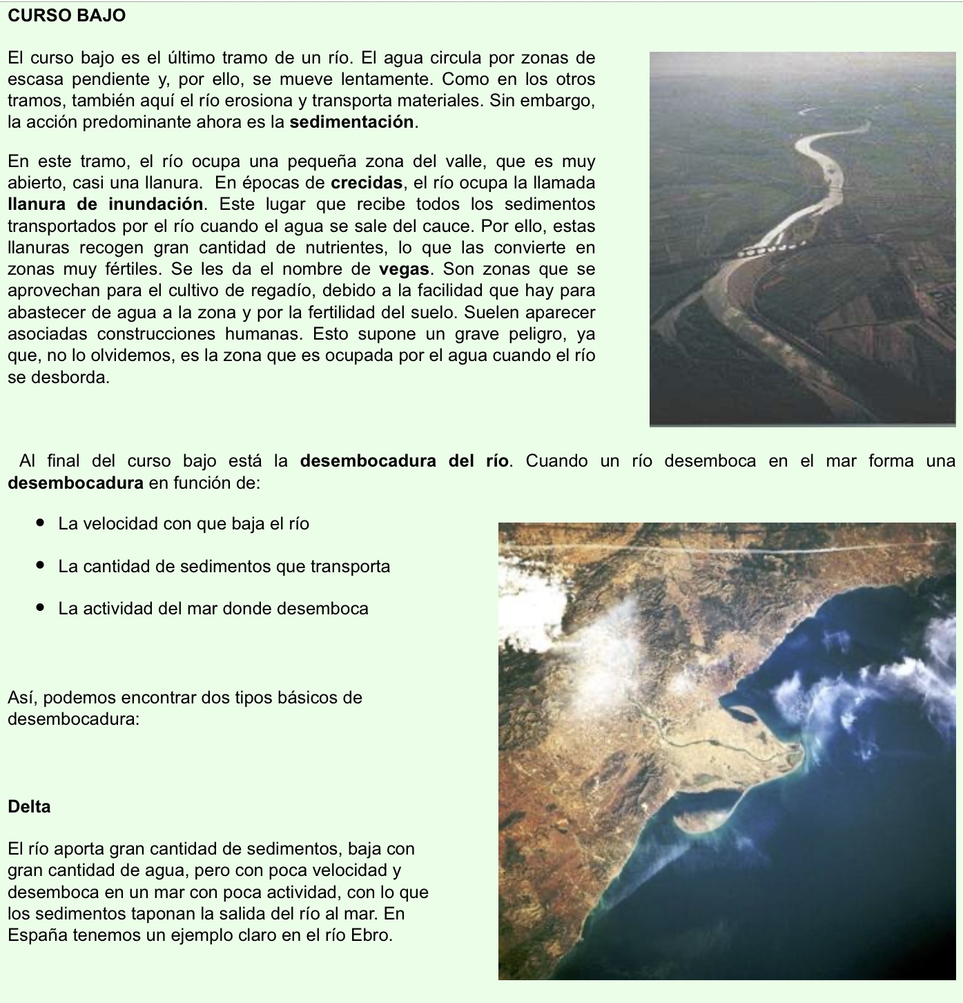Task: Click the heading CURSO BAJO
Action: [x=67, y=16]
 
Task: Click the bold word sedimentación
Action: [x=352, y=123]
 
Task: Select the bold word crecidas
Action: [x=367, y=184]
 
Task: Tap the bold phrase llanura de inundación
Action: [x=106, y=205]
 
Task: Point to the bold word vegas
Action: [x=405, y=269]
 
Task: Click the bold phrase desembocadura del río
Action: [x=405, y=461]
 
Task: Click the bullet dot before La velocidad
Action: [x=41, y=524]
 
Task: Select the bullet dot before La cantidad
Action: [x=41, y=567]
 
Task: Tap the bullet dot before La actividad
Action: [x=41, y=609]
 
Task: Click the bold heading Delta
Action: [x=29, y=807]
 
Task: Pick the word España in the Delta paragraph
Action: [x=34, y=936]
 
